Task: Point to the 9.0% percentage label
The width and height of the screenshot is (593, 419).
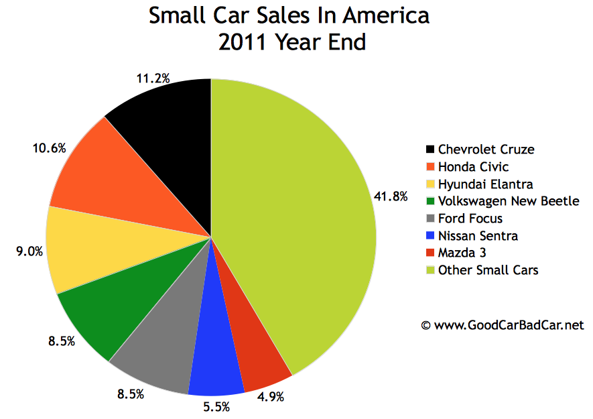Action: (x=29, y=251)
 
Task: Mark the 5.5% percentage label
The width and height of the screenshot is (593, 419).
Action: (x=218, y=406)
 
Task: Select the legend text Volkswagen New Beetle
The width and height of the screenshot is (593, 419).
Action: (x=508, y=201)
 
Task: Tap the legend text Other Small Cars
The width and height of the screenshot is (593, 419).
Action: (x=488, y=270)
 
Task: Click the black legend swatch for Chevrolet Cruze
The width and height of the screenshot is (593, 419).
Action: (x=430, y=149)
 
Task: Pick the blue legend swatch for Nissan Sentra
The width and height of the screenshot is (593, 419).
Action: (x=430, y=236)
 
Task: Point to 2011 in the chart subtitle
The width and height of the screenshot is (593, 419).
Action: (x=243, y=42)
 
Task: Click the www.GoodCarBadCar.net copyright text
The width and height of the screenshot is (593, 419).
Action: (x=503, y=325)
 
